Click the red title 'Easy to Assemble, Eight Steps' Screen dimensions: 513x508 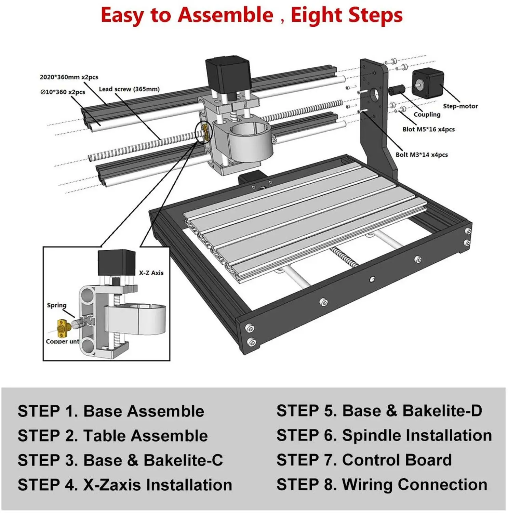pos(252,15)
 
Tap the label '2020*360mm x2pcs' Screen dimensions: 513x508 pos(69,77)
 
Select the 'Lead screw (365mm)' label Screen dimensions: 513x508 pos(129,89)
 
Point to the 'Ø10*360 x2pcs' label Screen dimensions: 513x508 pos(63,92)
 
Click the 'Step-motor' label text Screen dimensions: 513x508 pos(460,106)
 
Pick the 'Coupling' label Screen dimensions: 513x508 pos(427,115)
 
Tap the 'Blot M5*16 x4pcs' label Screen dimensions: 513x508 pos(428,130)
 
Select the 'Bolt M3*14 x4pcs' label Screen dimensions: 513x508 pos(422,155)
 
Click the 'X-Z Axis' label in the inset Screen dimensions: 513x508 pos(151,273)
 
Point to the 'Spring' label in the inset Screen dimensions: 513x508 pos(57,305)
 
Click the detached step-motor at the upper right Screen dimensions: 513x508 pos(427,83)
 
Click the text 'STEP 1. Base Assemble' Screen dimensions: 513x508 pos(111,411)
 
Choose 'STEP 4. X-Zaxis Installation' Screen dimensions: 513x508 pos(125,485)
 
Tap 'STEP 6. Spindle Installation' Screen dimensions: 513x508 pos(384,436)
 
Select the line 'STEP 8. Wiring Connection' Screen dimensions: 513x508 pos(382,485)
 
